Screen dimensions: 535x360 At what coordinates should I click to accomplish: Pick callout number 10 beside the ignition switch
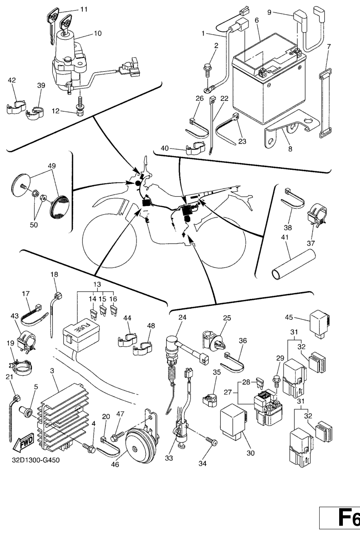98,33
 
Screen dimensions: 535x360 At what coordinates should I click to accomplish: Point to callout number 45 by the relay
289,317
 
